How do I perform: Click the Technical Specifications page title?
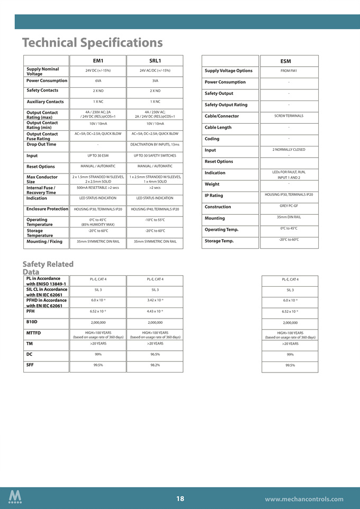[x=93, y=42]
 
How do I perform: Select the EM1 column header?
[x=98, y=61]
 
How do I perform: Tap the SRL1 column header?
[x=155, y=61]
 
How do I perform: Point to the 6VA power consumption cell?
[x=98, y=81]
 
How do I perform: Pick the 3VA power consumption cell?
[x=155, y=81]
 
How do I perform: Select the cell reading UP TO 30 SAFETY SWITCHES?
[x=155, y=156]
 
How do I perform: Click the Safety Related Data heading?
[x=48, y=268]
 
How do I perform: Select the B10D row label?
[x=32, y=321]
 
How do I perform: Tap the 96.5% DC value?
[x=155, y=355]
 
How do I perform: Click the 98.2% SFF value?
[x=155, y=365]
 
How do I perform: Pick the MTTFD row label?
[x=33, y=332]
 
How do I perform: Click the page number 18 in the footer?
[x=180, y=498]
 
